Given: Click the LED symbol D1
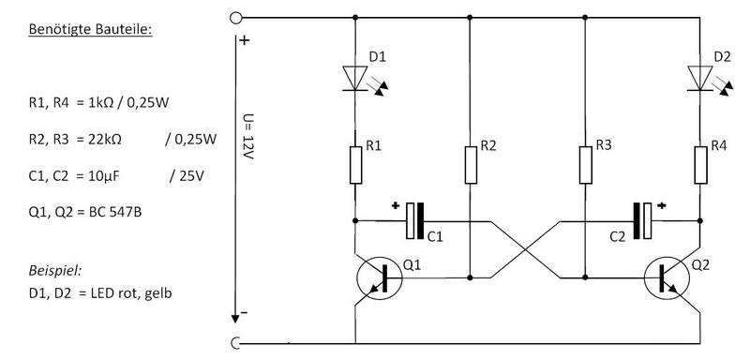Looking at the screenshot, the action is [x=355, y=79].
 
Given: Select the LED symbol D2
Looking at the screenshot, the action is [x=699, y=79].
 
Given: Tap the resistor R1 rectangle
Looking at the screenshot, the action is [x=355, y=165].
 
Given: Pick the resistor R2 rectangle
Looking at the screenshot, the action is [x=471, y=165].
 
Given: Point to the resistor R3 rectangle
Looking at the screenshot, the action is [x=585, y=165].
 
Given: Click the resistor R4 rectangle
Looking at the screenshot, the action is [x=700, y=165].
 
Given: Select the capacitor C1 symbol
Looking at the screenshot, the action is [x=415, y=221].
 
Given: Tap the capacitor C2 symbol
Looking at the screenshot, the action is [x=642, y=221].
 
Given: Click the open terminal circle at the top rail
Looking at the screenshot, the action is [x=236, y=18].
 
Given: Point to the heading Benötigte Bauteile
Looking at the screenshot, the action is [x=90, y=29].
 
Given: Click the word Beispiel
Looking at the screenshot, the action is [x=55, y=271].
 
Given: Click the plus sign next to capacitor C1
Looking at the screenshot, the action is [x=395, y=206].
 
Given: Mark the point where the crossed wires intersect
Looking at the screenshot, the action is [x=525, y=249].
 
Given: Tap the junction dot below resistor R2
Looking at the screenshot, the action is [x=471, y=277].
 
